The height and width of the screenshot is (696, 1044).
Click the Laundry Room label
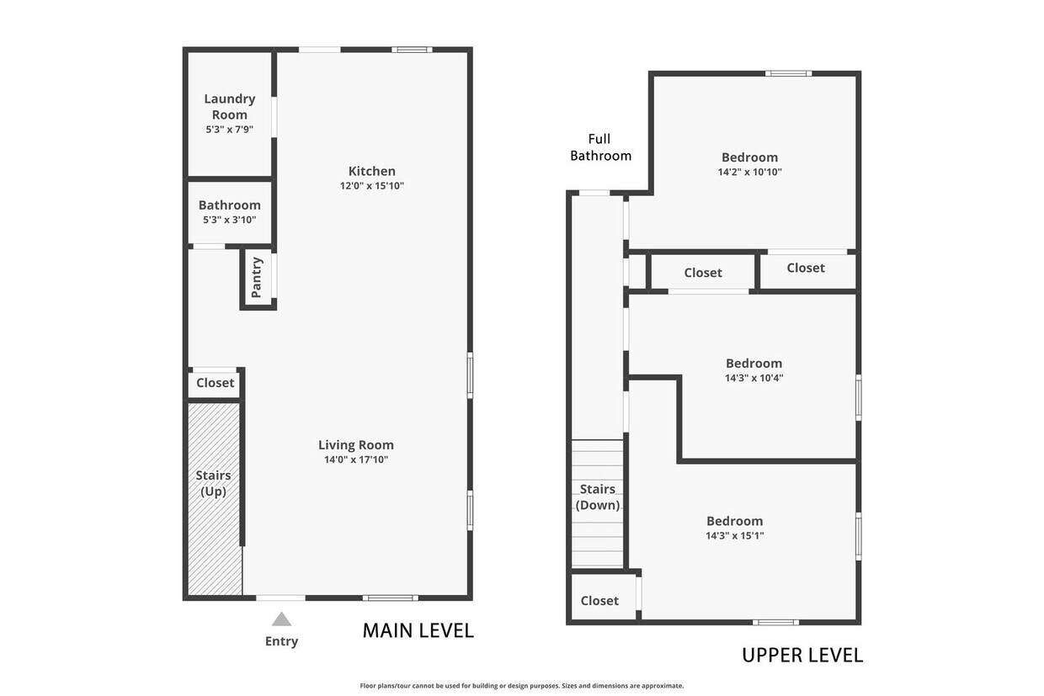pyautogui.click(x=229, y=107)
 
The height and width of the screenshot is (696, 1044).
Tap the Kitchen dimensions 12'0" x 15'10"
pyautogui.click(x=372, y=186)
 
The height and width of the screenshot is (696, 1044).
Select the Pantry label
pyautogui.click(x=257, y=278)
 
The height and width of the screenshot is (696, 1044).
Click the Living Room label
pyautogui.click(x=356, y=445)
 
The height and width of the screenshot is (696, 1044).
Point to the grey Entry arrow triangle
pyautogui.click(x=281, y=619)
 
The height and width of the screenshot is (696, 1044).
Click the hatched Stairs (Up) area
pyautogui.click(x=214, y=498)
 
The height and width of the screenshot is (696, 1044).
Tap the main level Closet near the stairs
pyautogui.click(x=215, y=383)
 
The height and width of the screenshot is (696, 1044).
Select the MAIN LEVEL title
pyautogui.click(x=418, y=631)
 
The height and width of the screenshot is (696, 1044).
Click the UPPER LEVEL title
pyautogui.click(x=802, y=656)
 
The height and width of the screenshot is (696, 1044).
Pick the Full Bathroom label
pyautogui.click(x=600, y=147)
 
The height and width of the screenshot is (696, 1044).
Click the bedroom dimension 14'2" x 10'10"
pyautogui.click(x=750, y=172)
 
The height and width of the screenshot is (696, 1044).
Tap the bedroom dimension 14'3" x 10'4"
pyautogui.click(x=754, y=378)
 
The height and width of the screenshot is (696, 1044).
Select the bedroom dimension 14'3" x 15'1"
pyautogui.click(x=735, y=536)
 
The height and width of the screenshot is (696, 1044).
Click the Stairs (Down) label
pyautogui.click(x=598, y=497)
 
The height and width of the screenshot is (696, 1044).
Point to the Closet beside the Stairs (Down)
pyautogui.click(x=599, y=601)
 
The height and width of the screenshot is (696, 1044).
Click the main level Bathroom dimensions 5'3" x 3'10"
pyautogui.click(x=229, y=220)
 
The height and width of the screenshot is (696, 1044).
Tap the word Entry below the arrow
pyautogui.click(x=281, y=641)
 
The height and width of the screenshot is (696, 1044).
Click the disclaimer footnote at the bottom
pyautogui.click(x=522, y=686)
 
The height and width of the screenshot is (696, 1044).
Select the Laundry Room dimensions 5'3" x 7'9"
pyautogui.click(x=229, y=130)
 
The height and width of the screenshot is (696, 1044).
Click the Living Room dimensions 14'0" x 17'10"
pyautogui.click(x=356, y=460)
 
